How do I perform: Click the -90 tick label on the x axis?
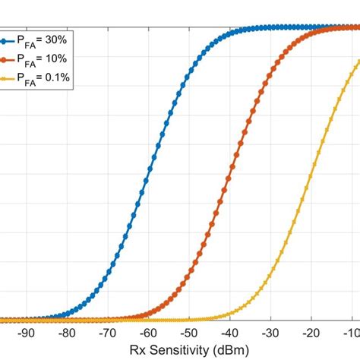pos(26,333)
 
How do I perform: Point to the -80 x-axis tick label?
pos(67,333)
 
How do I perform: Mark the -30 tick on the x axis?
pos(270,333)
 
